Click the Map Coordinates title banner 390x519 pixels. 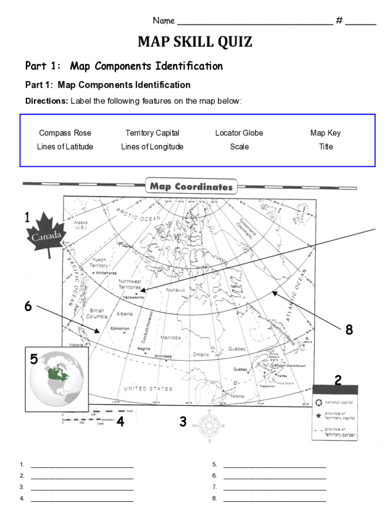pos(191,187)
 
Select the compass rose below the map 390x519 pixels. pos(209,426)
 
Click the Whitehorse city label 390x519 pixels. pos(106,273)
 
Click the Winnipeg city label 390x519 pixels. pos(163,356)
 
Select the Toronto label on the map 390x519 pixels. pos(238,396)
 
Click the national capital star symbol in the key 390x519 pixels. pos(319,403)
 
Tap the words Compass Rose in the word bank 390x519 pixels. pos(65,133)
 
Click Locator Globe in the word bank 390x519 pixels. pos(239,133)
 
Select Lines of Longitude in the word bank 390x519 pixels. pos(152,146)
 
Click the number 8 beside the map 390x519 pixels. pos(349,330)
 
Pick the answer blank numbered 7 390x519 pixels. pos(275,487)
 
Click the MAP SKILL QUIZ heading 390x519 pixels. pos(195,42)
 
